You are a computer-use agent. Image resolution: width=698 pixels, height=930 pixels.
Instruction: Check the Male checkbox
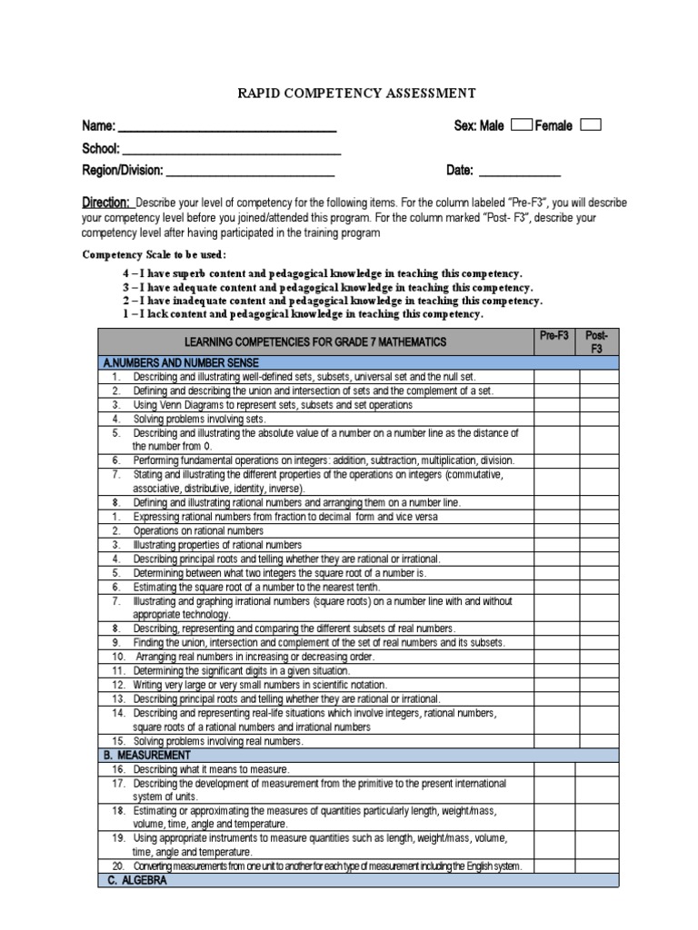[x=522, y=125]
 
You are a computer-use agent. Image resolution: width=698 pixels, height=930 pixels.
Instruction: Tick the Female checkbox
[x=590, y=125]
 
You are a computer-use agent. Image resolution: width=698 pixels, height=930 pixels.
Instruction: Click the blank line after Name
[x=228, y=128]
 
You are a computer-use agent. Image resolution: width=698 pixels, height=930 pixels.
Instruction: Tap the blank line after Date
[x=519, y=173]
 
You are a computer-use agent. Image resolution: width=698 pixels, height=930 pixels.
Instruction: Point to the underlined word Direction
[x=106, y=203]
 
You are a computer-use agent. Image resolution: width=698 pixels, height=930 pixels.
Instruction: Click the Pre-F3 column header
[x=554, y=336]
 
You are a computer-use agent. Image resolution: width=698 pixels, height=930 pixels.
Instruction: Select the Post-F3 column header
[x=598, y=341]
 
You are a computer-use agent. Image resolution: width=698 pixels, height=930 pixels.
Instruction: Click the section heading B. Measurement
[x=148, y=755]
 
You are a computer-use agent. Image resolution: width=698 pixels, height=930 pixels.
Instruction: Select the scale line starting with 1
[x=303, y=314]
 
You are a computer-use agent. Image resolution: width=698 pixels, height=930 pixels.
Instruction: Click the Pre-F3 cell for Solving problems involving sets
[x=554, y=419]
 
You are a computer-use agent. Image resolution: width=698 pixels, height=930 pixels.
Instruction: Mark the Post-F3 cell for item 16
[x=598, y=769]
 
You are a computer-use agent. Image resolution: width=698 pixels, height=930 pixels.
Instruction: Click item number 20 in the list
[x=118, y=866]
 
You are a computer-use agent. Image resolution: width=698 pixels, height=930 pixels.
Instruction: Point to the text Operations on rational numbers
[x=198, y=530]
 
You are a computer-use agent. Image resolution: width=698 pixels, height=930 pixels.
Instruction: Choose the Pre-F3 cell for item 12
[x=554, y=685]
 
